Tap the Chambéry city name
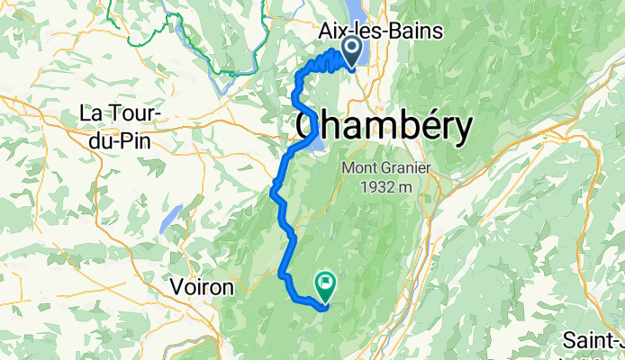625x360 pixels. [x=383, y=129]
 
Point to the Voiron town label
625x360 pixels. [x=202, y=287]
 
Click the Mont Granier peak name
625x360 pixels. [x=387, y=168]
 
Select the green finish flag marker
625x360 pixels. [x=324, y=284]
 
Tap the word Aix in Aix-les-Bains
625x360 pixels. [x=333, y=31]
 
